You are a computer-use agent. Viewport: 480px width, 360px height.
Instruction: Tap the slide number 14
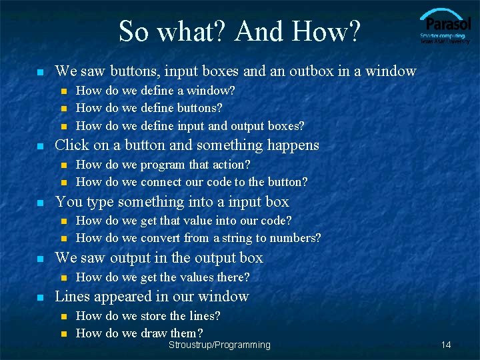point(446,345)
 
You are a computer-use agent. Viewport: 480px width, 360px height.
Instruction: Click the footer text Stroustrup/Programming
point(219,345)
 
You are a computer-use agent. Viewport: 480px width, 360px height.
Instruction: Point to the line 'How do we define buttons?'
point(149,107)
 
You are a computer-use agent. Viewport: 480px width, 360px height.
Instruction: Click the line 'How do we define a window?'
point(155,90)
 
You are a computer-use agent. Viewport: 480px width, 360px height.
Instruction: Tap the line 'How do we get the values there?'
point(163,277)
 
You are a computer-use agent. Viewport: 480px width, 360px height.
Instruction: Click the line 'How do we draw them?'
point(139,333)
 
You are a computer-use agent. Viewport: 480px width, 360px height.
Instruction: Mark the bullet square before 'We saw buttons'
point(41,71)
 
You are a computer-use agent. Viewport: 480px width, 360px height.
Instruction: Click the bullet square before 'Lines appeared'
point(41,297)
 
